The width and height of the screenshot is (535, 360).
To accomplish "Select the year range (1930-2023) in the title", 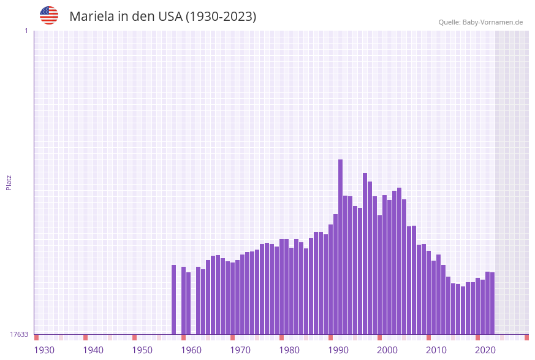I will click(221, 17).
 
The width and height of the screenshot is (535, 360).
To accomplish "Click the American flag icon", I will click(49, 15).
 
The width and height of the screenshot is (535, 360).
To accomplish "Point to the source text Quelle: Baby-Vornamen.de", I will click(480, 22).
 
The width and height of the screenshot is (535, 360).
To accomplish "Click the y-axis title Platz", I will click(9, 182).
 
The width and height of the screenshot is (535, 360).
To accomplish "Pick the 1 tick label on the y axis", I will click(26, 31).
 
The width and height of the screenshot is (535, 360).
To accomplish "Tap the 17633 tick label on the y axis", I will click(19, 334).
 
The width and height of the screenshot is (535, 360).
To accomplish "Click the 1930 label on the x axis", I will click(44, 350).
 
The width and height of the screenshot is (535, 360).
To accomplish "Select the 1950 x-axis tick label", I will click(142, 350).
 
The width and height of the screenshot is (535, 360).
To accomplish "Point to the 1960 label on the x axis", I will click(191, 350).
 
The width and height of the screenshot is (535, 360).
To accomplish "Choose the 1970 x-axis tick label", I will click(240, 350).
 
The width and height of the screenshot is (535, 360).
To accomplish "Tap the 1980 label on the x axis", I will click(289, 350).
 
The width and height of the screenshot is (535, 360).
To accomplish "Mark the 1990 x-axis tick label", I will click(338, 350).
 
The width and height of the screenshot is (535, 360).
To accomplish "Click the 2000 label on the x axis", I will click(387, 350).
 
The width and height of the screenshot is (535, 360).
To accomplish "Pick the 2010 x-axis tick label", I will click(436, 350).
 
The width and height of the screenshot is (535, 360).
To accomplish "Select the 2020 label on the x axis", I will click(485, 350).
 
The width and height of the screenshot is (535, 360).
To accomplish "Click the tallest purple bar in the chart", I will click(340, 245).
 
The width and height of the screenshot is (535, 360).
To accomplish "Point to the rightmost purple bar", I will click(492, 303).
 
